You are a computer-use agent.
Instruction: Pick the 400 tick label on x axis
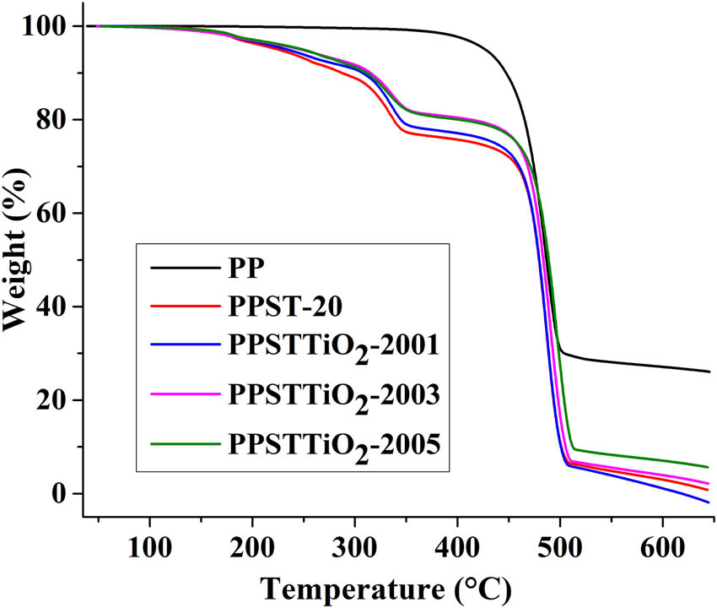click(x=457, y=541)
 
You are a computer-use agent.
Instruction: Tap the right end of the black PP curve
click(x=709, y=372)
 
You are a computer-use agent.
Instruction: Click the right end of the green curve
click(x=709, y=467)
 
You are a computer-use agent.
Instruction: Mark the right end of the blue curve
click(x=709, y=502)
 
